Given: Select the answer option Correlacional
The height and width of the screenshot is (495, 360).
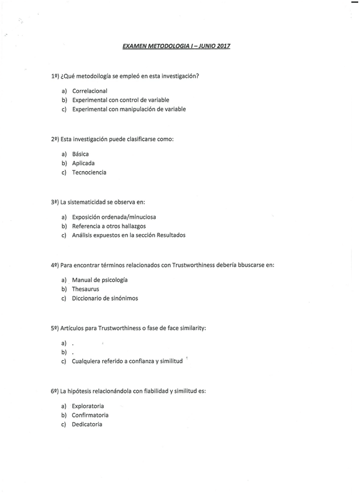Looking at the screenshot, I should pyautogui.click(x=89, y=90).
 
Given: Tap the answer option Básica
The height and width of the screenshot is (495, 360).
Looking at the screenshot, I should pyautogui.click(x=81, y=154).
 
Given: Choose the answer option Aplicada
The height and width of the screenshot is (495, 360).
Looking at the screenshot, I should pyautogui.click(x=83, y=163).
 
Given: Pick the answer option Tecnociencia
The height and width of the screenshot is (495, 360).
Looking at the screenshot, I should pyautogui.click(x=89, y=173).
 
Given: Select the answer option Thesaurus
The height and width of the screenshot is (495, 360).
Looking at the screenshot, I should pyautogui.click(x=85, y=289).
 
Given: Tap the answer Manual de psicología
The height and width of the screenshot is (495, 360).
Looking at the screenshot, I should pyautogui.click(x=100, y=280).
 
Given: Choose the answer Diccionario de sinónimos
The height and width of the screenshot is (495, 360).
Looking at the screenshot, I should pyautogui.click(x=105, y=298).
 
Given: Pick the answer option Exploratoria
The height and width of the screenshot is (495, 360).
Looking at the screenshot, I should pyautogui.click(x=88, y=406).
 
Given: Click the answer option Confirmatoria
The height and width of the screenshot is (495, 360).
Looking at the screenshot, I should pyautogui.click(x=90, y=415).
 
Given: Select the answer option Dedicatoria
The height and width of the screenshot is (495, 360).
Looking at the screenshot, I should pyautogui.click(x=87, y=424).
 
